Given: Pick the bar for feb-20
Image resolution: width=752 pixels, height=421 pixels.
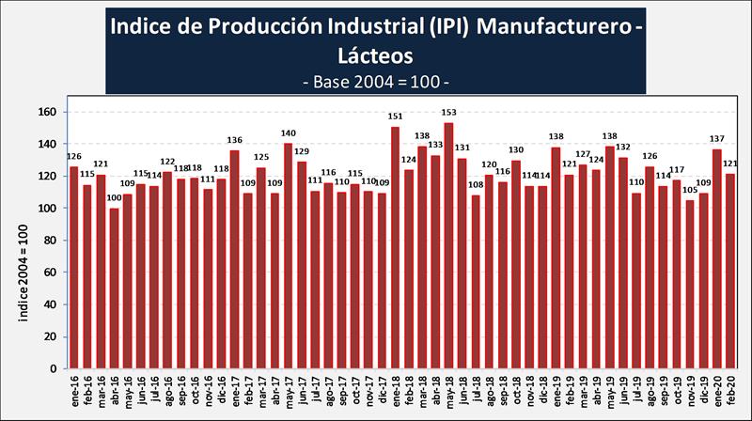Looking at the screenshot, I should click(x=730, y=271).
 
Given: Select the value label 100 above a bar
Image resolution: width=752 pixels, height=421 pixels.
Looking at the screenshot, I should click(x=115, y=198).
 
